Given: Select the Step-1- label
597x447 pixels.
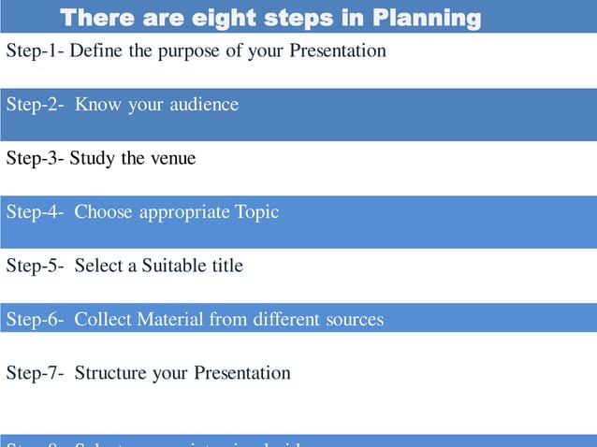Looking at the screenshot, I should (x=35, y=50).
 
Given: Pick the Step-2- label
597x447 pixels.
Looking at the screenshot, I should (x=35, y=105).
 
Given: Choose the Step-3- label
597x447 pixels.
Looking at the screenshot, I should (x=35, y=158).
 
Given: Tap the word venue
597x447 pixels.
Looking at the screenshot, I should (x=170, y=158).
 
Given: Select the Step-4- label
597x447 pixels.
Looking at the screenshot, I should (x=35, y=212).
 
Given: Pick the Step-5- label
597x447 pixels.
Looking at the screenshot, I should (x=35, y=266).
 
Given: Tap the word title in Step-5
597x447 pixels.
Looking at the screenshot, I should (x=227, y=266).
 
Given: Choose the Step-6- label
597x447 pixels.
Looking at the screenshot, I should (x=35, y=320).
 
